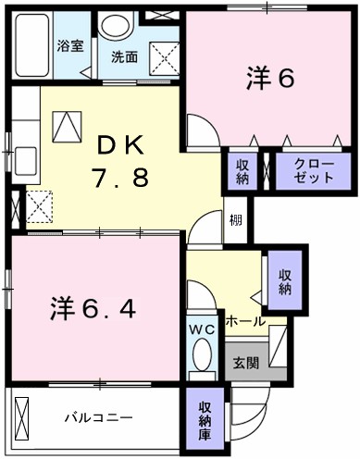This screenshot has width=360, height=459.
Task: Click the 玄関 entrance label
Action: click(245, 361)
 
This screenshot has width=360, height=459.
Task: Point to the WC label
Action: click(201, 329)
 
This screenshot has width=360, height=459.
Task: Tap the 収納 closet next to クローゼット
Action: click(242, 169)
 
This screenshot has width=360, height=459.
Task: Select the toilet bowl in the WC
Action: click(201, 356)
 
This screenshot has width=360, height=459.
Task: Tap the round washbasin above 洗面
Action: click(116, 27)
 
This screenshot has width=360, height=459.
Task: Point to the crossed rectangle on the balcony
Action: click(23, 417)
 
